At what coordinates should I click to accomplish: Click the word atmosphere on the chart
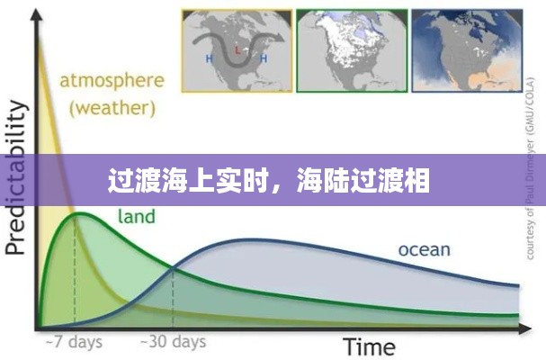point(112,81)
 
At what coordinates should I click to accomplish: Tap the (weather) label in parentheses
point(112,109)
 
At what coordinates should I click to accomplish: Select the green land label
point(136,217)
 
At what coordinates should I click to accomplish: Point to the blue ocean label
point(425,249)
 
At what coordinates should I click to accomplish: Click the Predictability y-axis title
point(16,175)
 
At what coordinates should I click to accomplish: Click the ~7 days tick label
point(75,342)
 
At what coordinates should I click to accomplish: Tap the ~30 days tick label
point(173,342)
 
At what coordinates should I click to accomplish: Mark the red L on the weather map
point(237,49)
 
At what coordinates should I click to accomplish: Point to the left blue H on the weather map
point(210,58)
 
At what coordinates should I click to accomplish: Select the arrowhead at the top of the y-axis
point(38,19)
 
